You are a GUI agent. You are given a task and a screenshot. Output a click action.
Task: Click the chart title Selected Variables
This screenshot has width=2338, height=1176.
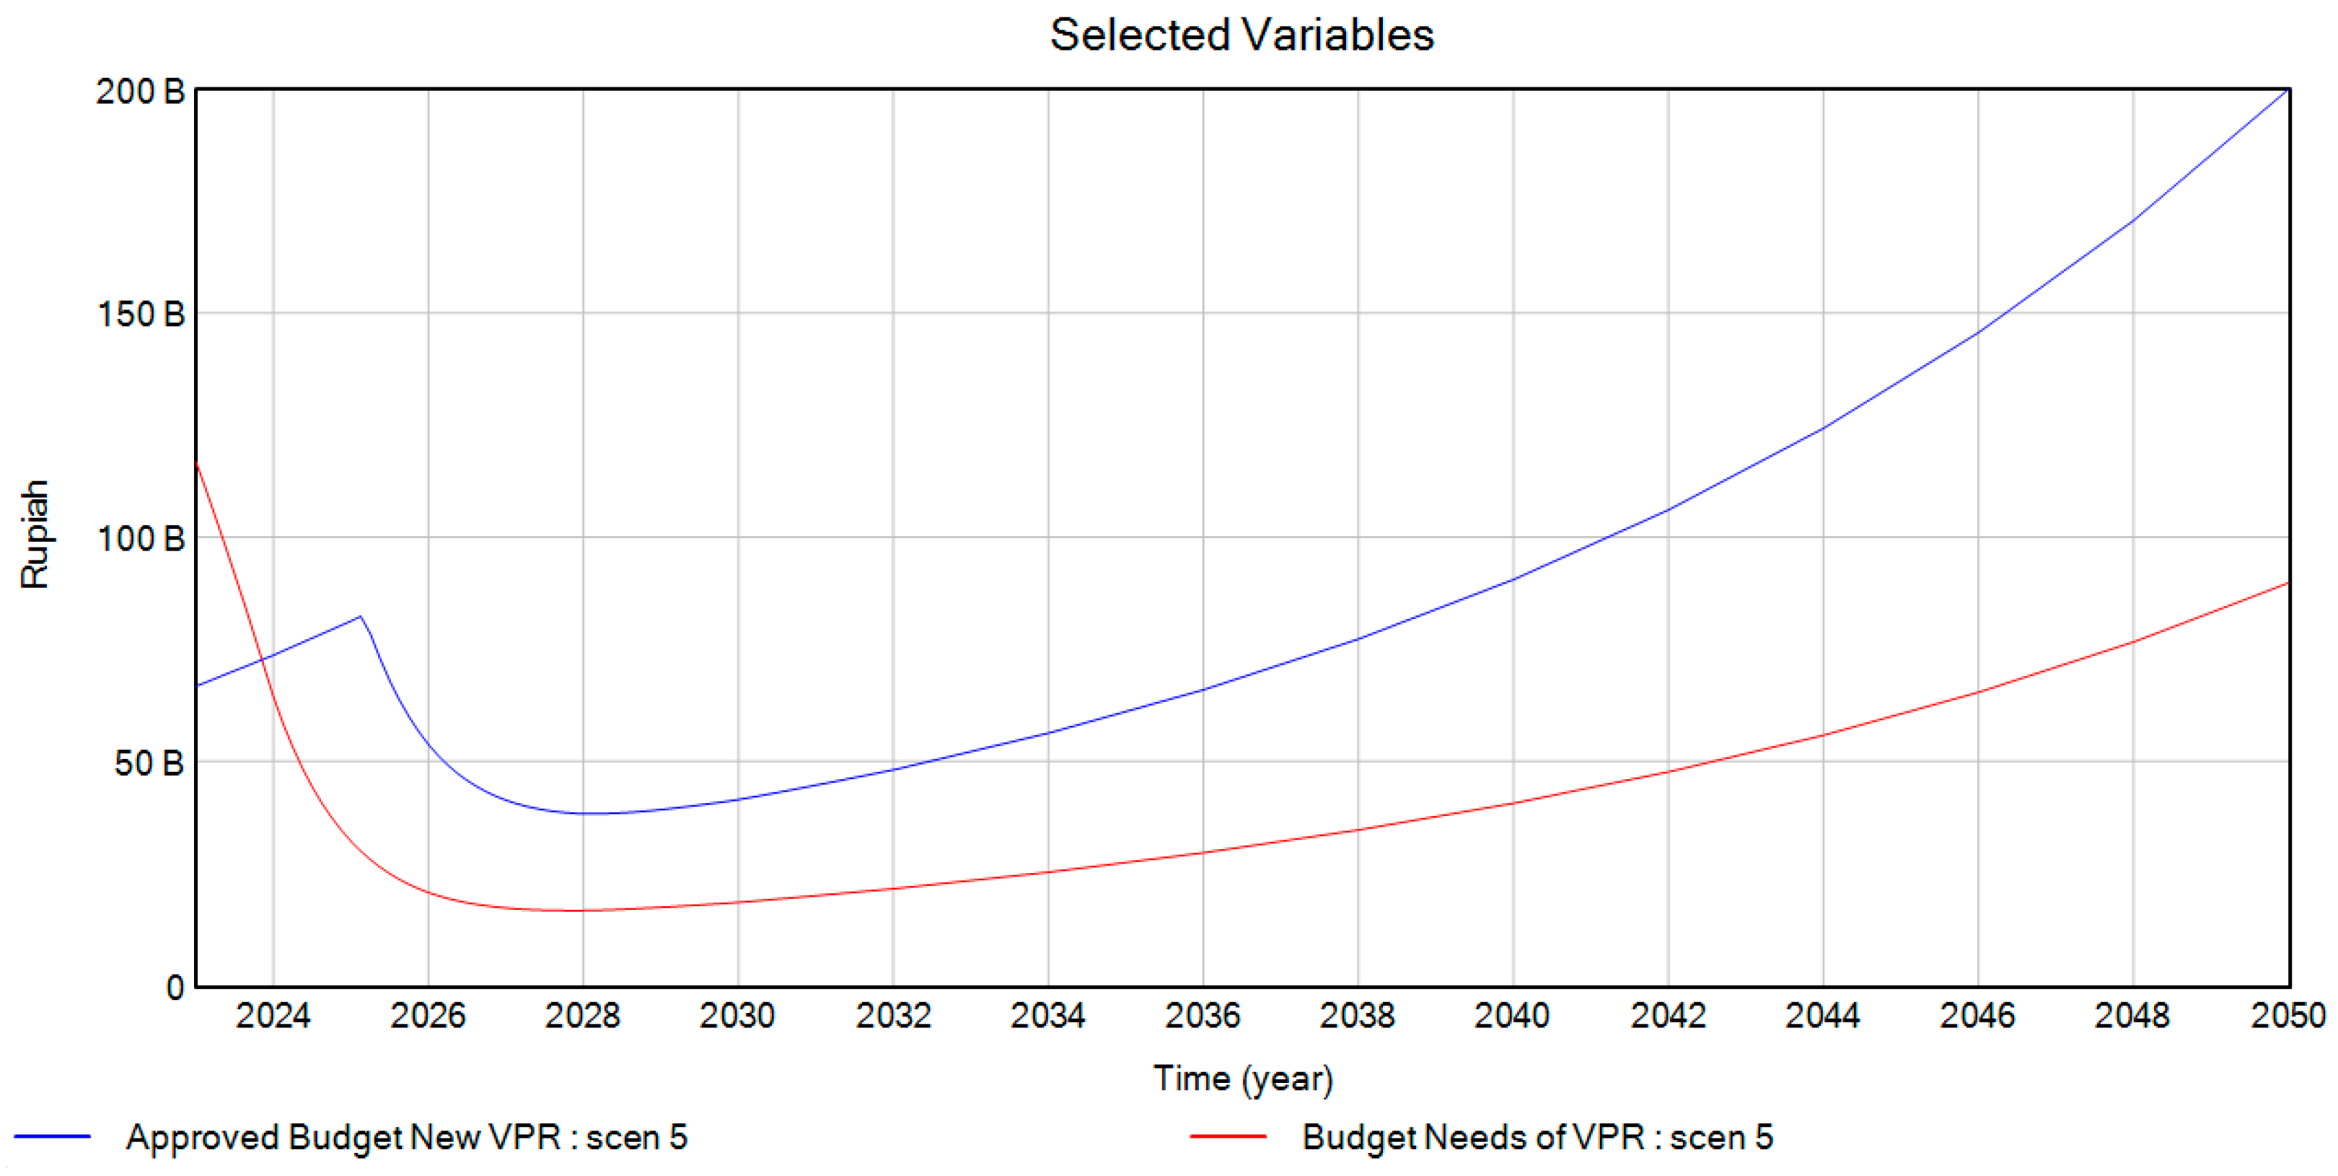(1241, 36)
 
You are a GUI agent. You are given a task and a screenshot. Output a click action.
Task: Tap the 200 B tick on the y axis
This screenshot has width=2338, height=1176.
(141, 92)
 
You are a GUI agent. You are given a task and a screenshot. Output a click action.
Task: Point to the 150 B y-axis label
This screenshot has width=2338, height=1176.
(141, 315)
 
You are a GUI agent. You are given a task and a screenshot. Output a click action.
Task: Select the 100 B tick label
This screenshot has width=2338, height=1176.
(141, 539)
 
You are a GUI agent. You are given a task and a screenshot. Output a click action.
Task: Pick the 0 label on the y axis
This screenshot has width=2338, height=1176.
(175, 987)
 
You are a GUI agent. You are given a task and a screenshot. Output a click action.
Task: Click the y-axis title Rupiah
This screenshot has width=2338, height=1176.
(35, 535)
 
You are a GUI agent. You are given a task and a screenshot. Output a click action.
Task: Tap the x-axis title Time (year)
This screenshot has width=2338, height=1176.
(1242, 1079)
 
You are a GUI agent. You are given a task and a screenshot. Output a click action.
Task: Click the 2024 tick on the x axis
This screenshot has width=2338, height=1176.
(273, 1015)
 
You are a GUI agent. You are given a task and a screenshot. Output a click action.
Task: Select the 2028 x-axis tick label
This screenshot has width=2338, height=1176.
(583, 1015)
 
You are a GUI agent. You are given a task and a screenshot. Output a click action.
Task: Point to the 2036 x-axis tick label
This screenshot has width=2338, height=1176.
(1203, 1015)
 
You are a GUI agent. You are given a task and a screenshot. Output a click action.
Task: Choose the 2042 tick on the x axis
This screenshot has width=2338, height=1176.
(1668, 1015)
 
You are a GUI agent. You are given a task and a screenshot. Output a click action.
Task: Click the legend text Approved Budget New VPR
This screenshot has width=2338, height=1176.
(407, 1137)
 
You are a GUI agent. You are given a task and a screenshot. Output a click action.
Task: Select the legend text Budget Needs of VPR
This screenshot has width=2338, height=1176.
(1537, 1137)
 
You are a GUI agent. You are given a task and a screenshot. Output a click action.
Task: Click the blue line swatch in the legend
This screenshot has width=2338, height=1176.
(53, 1137)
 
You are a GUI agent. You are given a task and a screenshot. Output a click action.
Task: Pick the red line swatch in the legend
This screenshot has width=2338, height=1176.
(1228, 1137)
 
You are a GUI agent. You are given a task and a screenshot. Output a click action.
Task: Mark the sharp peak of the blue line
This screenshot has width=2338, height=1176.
(360, 617)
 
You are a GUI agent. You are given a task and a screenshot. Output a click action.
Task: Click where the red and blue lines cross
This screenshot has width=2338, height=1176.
(263, 659)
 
